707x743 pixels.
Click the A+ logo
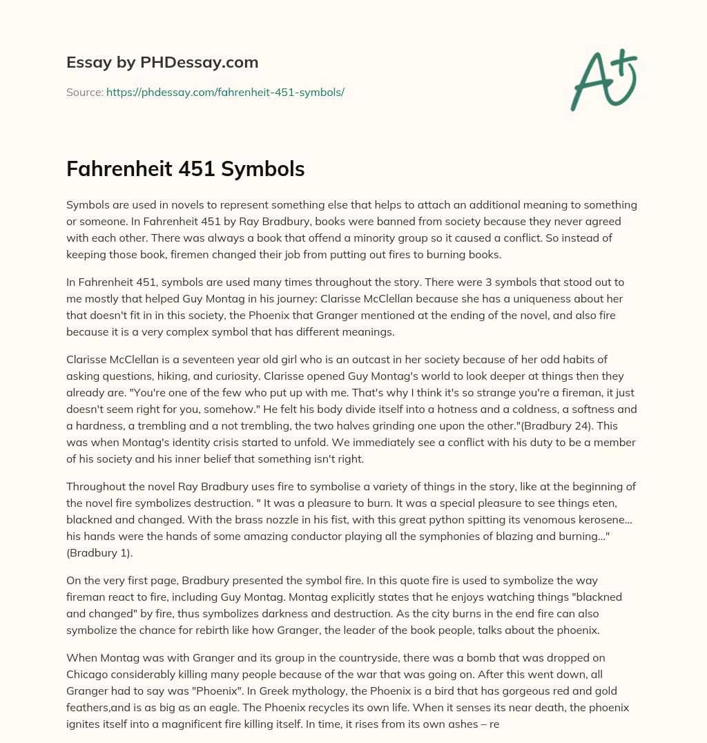point(603,80)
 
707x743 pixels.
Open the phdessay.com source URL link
point(225,92)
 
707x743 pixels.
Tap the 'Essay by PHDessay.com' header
point(162,63)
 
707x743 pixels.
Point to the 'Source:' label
point(85,92)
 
